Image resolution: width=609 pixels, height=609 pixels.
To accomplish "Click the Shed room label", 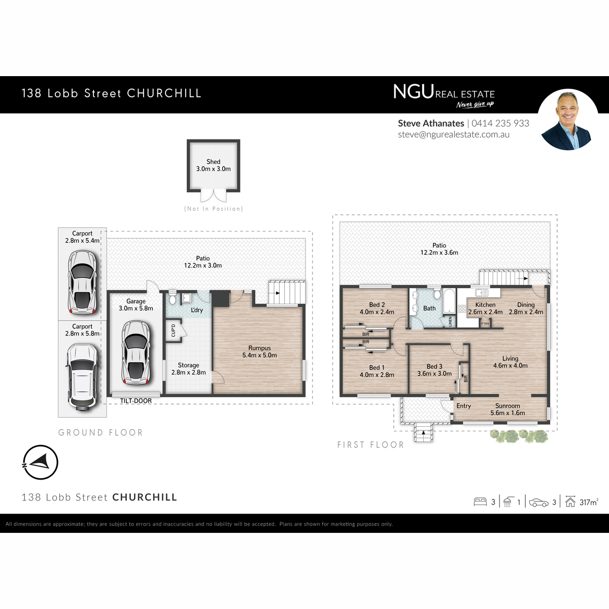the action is tap(213, 161).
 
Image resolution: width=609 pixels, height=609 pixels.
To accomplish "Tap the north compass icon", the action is tap(40, 462).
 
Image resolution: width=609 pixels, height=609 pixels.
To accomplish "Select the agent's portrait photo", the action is tap(567, 120).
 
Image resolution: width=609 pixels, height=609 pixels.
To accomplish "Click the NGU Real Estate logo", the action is tap(444, 96).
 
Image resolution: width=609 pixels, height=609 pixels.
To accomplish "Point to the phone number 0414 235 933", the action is tap(500, 123).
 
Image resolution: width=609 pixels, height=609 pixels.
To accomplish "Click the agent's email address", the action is tap(454, 134).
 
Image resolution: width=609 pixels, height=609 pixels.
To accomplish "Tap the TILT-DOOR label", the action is tap(136, 401).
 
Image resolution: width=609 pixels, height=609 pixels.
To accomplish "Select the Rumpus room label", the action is tap(259, 348).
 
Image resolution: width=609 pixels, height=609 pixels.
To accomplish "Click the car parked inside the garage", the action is tap(136, 352).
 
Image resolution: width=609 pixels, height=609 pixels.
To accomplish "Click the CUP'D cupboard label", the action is tap(173, 330).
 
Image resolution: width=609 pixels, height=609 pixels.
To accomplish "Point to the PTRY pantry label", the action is tap(485, 324).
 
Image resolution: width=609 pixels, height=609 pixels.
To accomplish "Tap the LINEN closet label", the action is tap(450, 321).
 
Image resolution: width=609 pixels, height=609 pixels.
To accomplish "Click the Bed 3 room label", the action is tap(434, 366).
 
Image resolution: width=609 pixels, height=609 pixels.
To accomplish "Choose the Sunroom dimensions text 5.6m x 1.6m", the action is tap(507, 413).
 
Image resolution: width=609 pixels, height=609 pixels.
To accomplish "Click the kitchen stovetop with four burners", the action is tap(462, 309).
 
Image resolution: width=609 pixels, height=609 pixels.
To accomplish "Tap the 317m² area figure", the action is tap(589, 502).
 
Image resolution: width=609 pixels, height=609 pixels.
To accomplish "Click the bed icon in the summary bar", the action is tap(480, 502).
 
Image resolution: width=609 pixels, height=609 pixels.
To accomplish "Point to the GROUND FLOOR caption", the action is tap(101, 432).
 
